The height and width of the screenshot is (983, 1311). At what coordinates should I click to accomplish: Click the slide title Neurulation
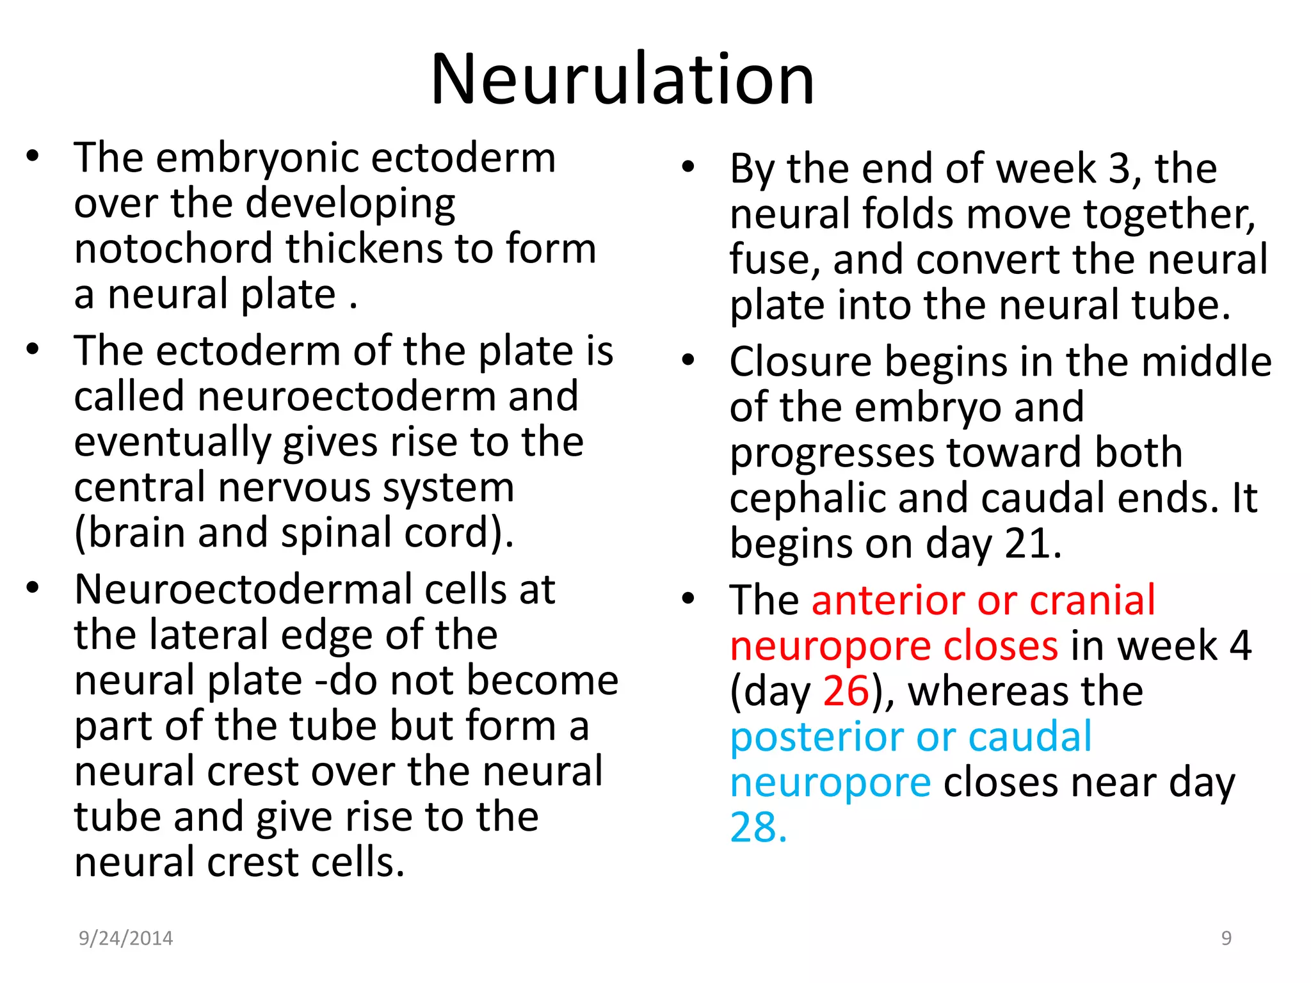point(622,79)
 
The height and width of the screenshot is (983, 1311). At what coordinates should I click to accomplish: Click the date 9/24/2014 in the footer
point(125,938)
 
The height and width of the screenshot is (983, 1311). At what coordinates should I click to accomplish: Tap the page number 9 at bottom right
point(1227,938)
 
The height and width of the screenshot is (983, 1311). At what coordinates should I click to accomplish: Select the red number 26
point(846,691)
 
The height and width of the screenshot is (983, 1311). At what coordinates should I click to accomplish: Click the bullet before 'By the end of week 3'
point(688,168)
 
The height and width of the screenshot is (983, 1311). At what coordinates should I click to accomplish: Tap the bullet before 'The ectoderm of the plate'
point(33,349)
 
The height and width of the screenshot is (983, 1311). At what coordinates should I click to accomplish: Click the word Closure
point(800,362)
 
